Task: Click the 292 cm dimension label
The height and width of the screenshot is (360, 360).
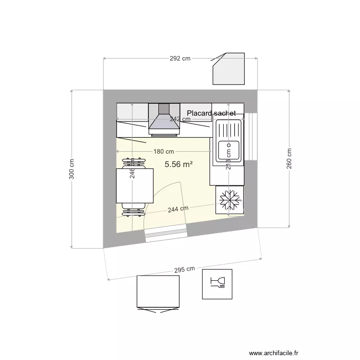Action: click(180, 59)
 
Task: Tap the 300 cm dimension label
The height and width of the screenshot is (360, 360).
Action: click(72, 169)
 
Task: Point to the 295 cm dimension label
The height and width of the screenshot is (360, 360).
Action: click(184, 270)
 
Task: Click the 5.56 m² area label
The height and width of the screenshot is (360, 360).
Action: click(179, 164)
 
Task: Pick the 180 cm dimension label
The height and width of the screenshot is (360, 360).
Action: click(164, 152)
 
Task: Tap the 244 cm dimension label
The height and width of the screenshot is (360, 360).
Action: click(178, 209)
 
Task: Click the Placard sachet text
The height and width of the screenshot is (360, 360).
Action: click(212, 113)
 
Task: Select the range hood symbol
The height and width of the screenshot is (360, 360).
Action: click(164, 120)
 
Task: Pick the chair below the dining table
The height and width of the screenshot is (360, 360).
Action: click(133, 208)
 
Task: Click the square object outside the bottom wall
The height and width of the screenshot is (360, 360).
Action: click(158, 292)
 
